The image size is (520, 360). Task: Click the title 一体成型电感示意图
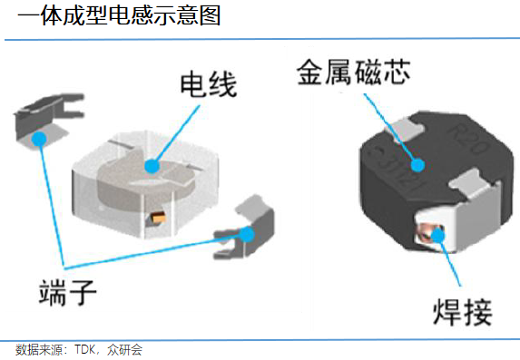(119, 15)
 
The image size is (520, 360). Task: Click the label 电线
(208, 84)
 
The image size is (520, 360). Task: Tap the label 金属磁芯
(354, 73)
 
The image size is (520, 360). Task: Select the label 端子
(68, 292)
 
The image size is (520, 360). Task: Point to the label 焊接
(462, 312)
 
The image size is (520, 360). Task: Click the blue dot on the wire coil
(152, 166)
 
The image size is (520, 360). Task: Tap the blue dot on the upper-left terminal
(39, 139)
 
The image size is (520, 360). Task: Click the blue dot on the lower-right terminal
(247, 234)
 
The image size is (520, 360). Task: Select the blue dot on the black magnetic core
(417, 165)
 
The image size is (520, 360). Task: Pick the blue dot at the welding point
(437, 236)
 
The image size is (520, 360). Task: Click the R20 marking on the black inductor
(468, 139)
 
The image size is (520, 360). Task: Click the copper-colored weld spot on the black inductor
(430, 235)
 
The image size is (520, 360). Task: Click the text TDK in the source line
(85, 349)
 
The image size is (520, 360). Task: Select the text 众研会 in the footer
(124, 350)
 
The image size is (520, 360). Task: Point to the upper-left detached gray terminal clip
(47, 120)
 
